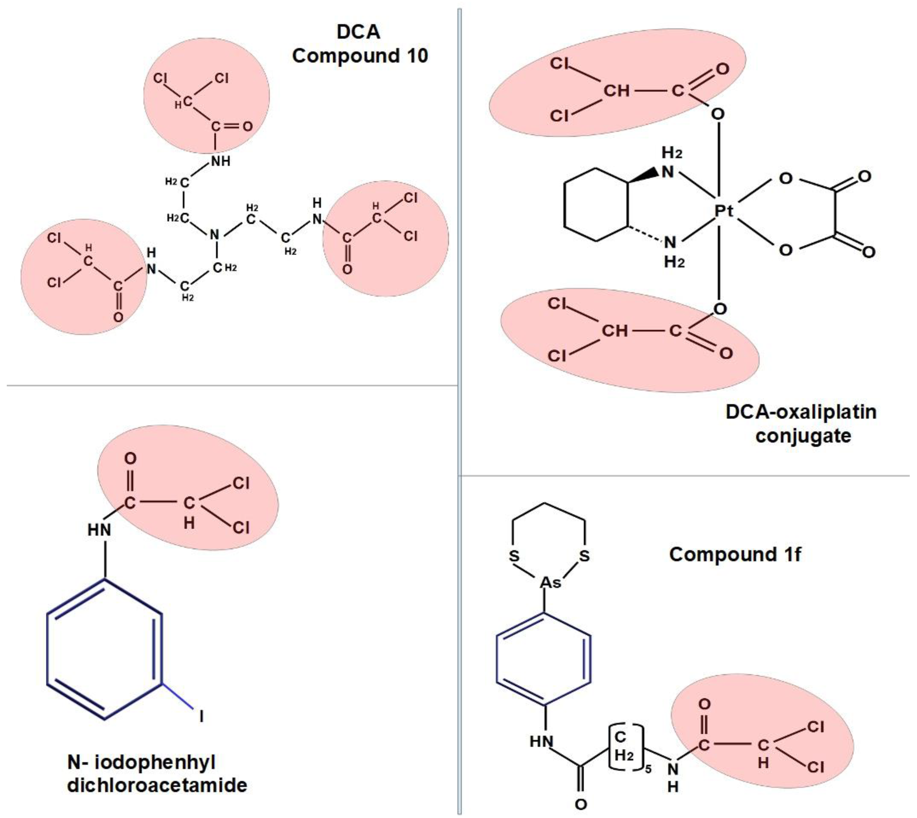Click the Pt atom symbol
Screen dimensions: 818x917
724,210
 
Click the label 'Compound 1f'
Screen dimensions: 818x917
735,554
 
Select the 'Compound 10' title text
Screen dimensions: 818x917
360,56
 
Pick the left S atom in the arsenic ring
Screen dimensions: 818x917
514,556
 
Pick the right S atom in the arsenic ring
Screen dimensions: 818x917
584,556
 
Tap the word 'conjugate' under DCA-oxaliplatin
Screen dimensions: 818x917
803,435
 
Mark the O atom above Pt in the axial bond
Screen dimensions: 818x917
718,114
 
